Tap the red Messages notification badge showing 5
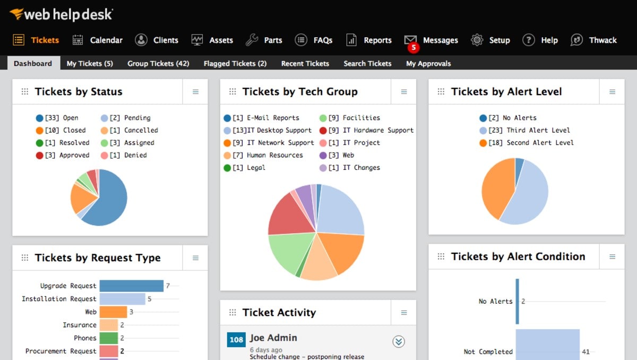(413, 47)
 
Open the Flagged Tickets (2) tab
(235, 64)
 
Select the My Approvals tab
(428, 64)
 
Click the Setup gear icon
(477, 40)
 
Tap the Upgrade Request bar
(131, 286)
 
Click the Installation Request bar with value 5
(122, 299)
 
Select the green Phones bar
(108, 338)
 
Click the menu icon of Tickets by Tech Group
(404, 92)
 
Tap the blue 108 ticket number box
(236, 340)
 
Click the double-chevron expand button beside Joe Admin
(399, 341)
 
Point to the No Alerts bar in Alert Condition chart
(518, 301)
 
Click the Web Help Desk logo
(61, 14)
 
